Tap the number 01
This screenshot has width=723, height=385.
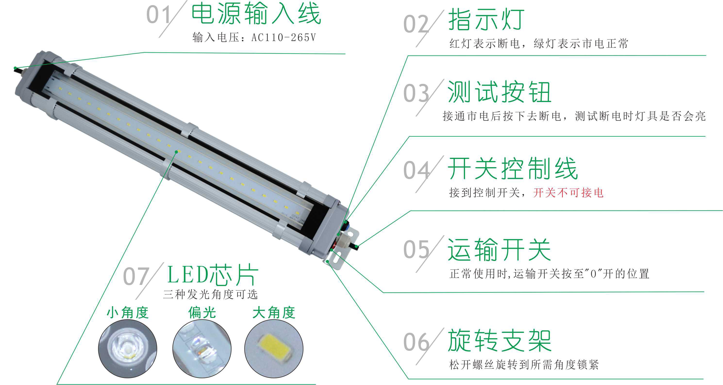click(x=158, y=15)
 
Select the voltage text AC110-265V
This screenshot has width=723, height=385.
click(x=283, y=38)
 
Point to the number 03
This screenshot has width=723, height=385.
click(x=416, y=93)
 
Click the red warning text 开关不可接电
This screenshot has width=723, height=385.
click(x=568, y=193)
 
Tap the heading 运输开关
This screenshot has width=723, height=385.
click(x=499, y=249)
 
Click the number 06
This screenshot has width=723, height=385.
click(x=416, y=342)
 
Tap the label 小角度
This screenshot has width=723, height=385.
click(x=127, y=312)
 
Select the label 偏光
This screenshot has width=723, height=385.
click(x=202, y=312)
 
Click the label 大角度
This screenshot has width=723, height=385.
click(x=274, y=312)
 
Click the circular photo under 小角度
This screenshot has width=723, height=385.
click(x=127, y=349)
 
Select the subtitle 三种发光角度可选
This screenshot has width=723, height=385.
click(x=210, y=294)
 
